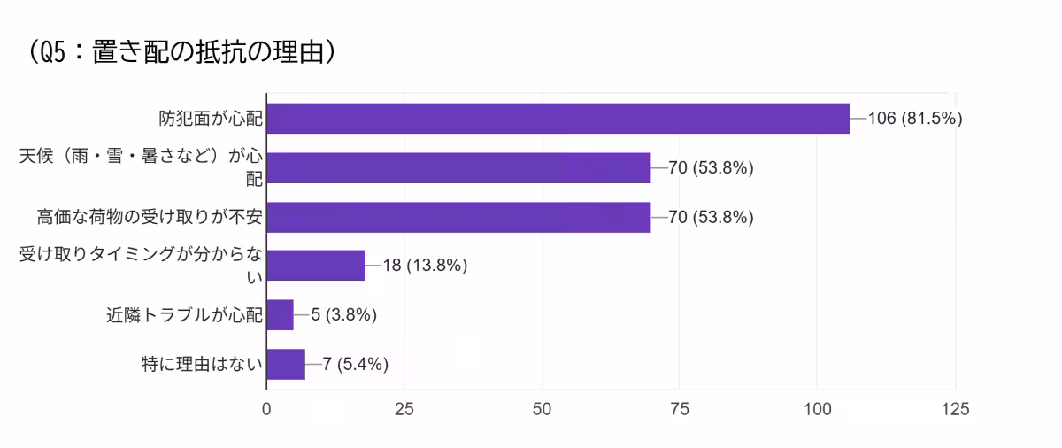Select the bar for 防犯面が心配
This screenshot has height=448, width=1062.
558,118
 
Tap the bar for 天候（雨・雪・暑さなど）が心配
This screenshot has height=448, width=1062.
458,167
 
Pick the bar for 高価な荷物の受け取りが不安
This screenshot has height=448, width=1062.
458,217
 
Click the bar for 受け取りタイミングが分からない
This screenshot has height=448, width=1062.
315,266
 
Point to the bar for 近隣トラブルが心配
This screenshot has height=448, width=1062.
280,314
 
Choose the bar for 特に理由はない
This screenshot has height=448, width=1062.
286,364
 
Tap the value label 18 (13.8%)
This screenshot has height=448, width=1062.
425,266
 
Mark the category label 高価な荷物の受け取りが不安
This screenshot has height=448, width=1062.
150,217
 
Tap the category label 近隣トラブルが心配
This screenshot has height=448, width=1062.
183,314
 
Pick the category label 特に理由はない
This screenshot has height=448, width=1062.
203,364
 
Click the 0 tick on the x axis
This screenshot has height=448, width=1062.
266,409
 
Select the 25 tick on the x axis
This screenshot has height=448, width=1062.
404,409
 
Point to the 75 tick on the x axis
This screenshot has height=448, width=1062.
680,409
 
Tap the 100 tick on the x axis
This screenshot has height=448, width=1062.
817,409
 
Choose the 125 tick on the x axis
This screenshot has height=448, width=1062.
955,409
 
